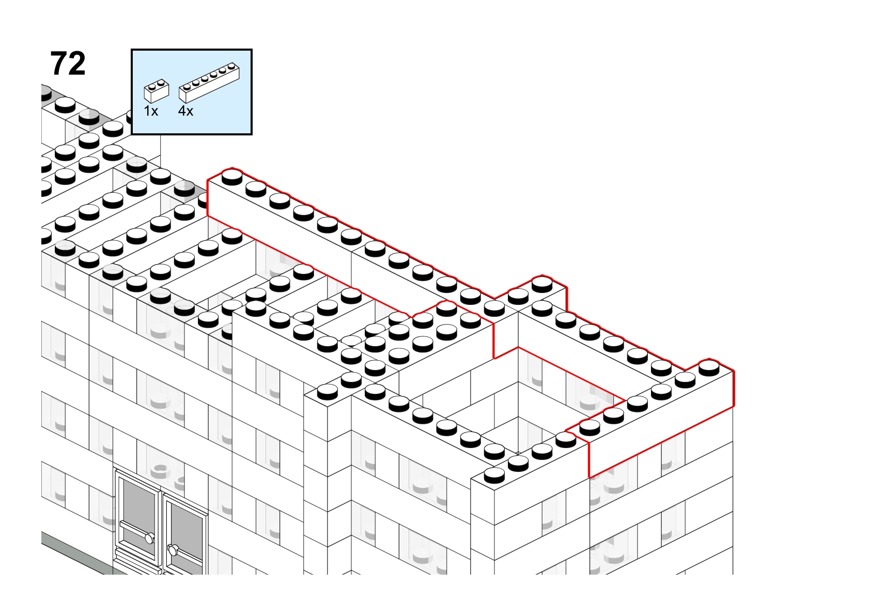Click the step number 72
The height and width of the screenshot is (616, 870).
68,64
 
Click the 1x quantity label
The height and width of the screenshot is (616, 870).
151,111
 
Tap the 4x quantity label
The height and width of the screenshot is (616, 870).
185,111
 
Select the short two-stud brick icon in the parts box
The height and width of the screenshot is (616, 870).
157,91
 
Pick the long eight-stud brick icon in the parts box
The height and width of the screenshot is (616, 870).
209,83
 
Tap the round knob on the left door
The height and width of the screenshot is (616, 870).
149,538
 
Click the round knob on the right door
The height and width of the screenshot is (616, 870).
173,549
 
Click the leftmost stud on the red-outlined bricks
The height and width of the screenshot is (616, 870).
232,176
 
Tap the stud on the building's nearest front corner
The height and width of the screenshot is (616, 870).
494,475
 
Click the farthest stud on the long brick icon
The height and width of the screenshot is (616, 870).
232,66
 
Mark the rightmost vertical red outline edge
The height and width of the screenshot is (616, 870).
734,389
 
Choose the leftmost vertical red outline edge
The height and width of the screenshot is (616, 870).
207,198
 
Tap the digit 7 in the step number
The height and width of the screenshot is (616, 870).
58,64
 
